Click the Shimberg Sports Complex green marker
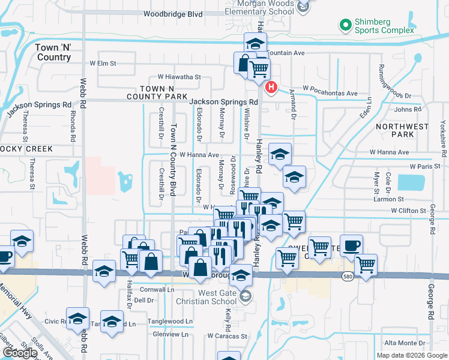[x=345, y=25]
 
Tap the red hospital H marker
[x=271, y=88]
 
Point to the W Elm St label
[x=103, y=62]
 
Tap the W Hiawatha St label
[x=179, y=77]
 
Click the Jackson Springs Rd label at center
[x=223, y=103]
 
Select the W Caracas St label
[x=228, y=336]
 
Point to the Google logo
[x=20, y=353]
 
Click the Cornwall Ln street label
[x=157, y=289]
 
